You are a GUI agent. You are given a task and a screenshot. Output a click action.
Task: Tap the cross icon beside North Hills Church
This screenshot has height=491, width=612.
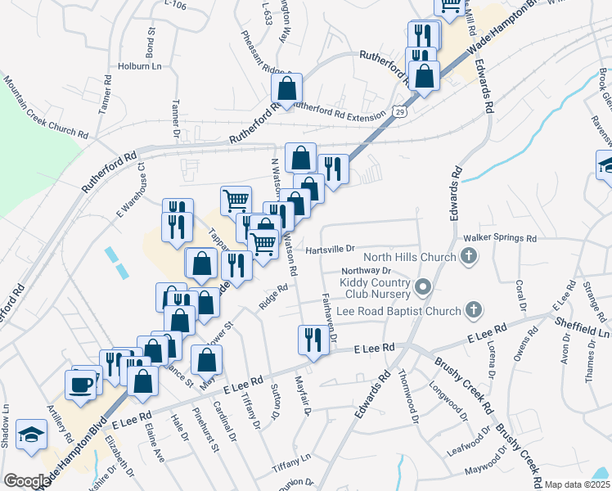pos(468,258)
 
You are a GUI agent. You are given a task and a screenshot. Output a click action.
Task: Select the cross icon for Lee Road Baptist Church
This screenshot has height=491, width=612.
pos(472,310)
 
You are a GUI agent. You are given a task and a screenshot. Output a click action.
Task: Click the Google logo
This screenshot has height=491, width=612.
pos(27,481)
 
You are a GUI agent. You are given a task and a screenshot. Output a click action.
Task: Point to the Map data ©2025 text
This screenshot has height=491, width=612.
pos(577,484)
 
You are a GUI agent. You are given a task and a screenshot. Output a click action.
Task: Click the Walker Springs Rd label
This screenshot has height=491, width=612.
pos(499,239)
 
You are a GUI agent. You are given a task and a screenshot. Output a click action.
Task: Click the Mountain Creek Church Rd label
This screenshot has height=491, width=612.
pos(45,107)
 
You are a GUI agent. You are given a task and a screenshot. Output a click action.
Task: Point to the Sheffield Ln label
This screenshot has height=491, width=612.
pos(581,334)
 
